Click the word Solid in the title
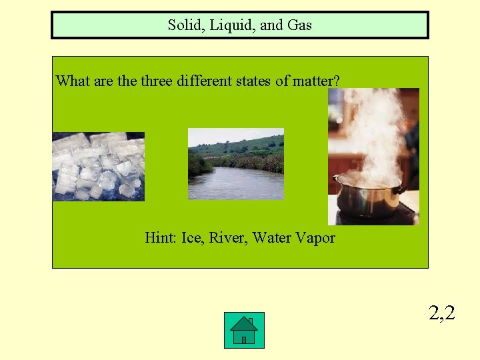[183, 26]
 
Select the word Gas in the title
[299, 26]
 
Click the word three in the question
[156, 81]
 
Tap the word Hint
[160, 237]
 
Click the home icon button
[244, 330]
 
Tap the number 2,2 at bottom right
[441, 312]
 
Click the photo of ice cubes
[98, 167]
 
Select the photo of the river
[235, 164]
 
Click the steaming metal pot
[367, 196]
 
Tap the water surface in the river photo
[237, 184]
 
